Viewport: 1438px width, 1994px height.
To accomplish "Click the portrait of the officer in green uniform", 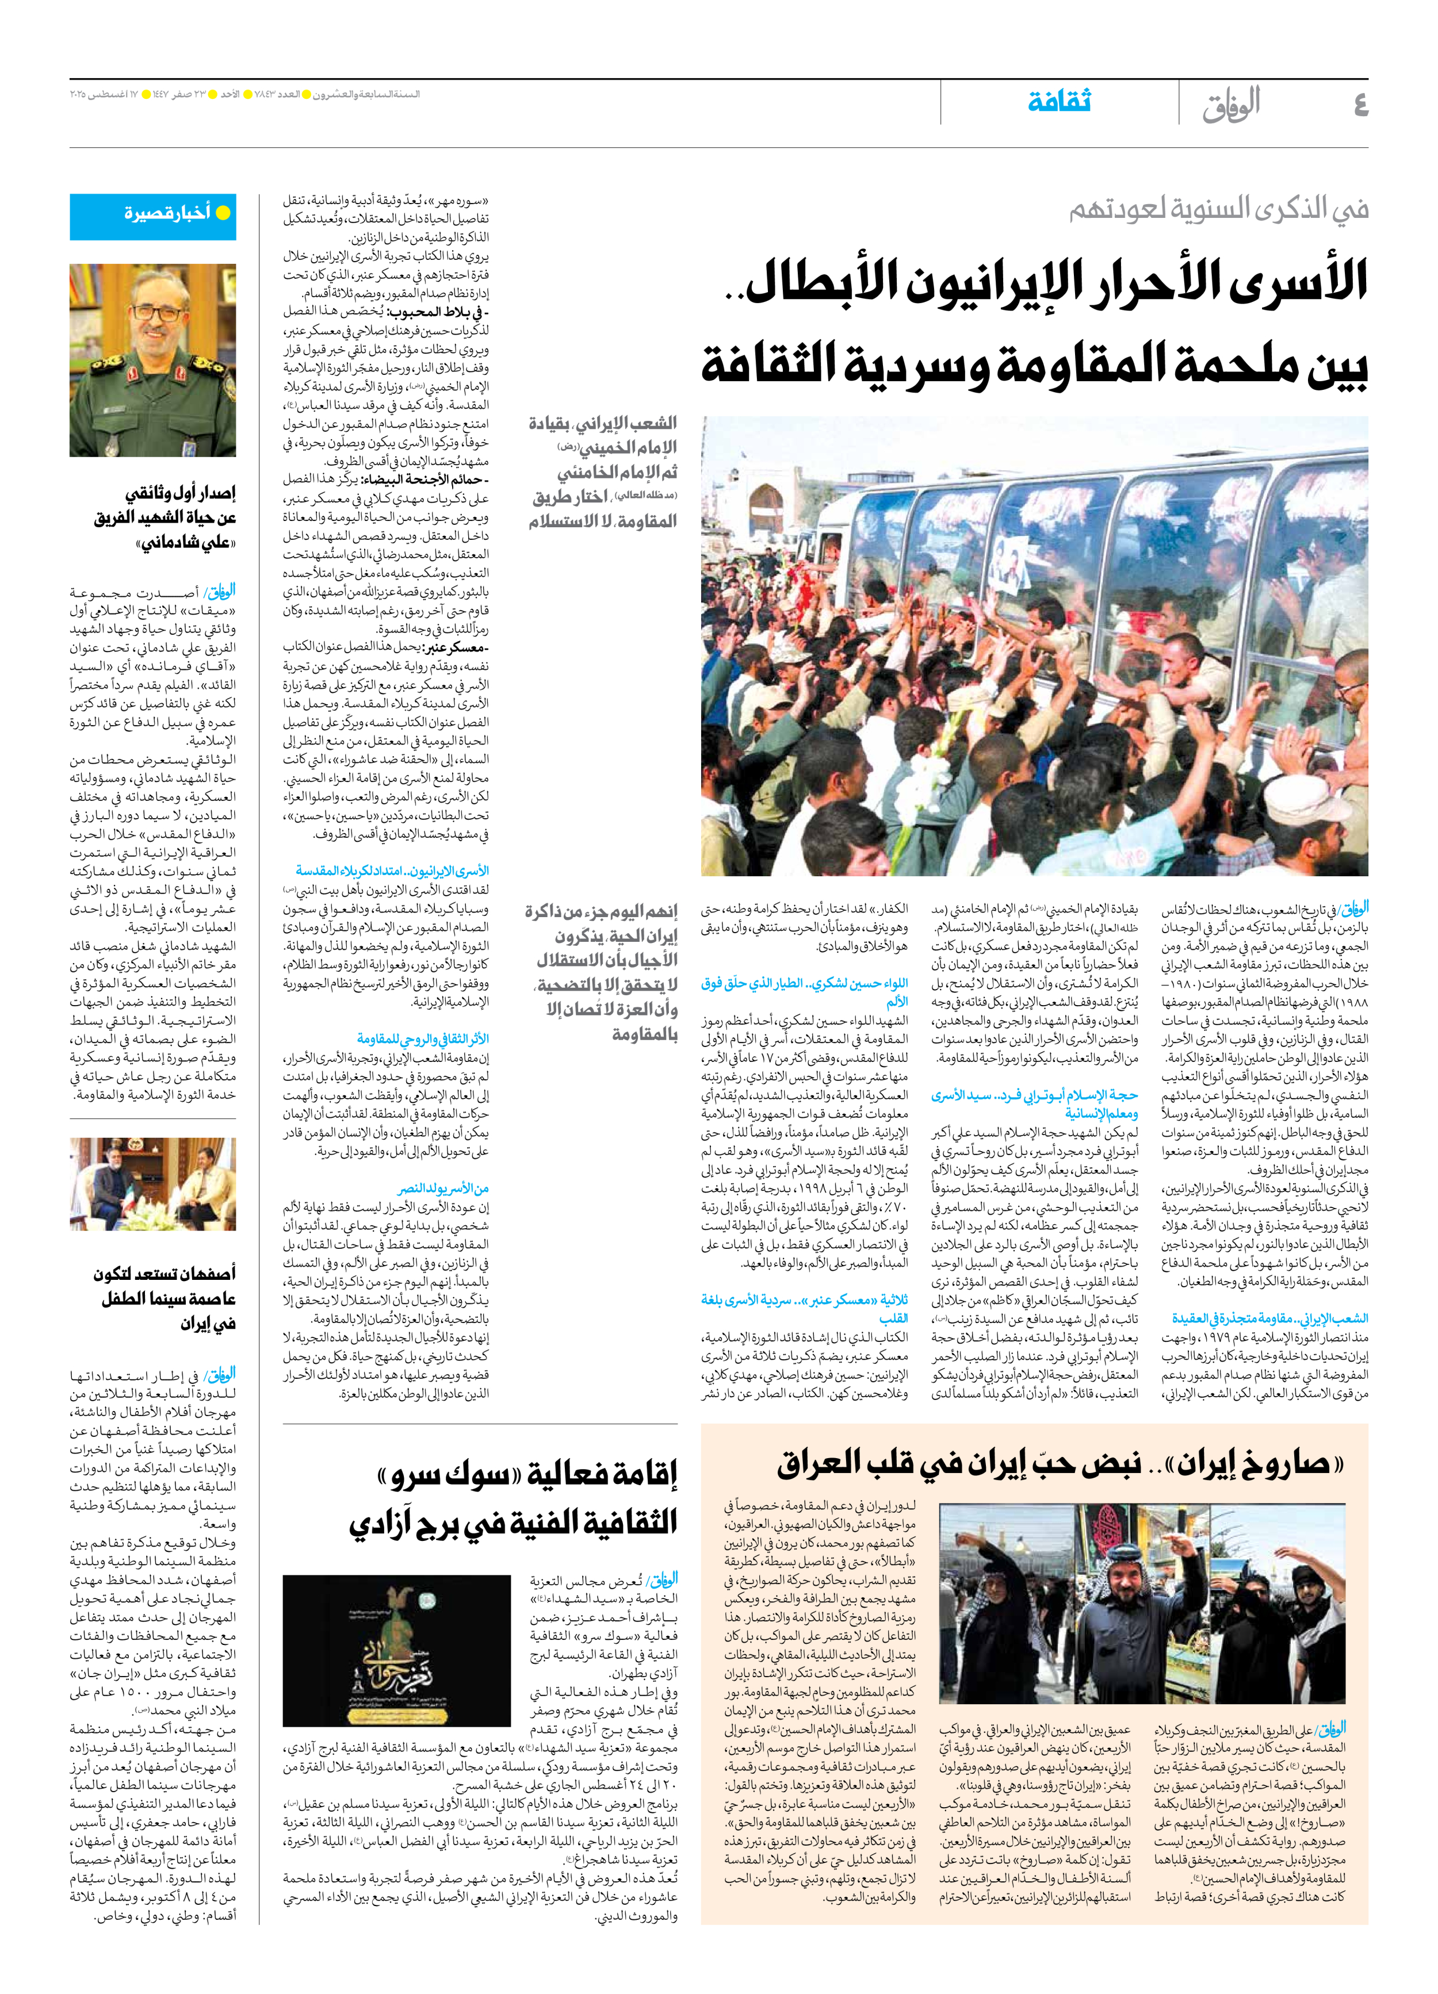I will coord(153,361).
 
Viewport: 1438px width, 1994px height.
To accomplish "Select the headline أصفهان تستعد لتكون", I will coord(165,1273).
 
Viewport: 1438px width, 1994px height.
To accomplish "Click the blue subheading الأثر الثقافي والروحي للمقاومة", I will coord(423,1038).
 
